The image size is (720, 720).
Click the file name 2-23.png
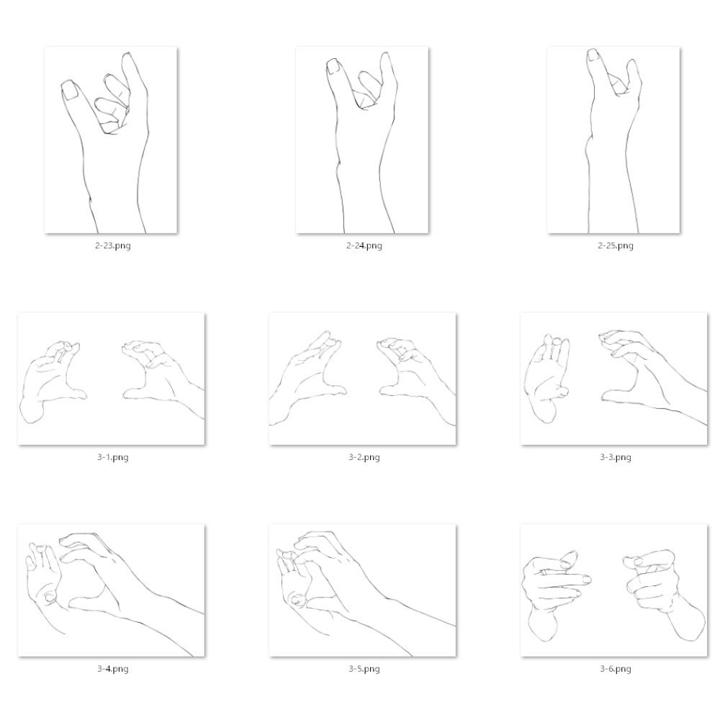(113, 246)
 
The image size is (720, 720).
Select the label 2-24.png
(364, 246)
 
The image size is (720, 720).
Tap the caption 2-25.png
(616, 246)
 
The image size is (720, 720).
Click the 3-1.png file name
(113, 457)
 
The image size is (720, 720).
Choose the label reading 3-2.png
(364, 457)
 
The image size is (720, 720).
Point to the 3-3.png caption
(616, 457)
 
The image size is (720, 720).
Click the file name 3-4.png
(113, 669)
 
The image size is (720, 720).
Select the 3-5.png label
(364, 669)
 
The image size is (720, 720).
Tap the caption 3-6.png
(616, 669)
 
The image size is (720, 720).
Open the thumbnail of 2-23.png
(111, 140)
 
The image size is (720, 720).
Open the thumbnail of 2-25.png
(613, 140)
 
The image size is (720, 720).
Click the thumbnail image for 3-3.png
(614, 379)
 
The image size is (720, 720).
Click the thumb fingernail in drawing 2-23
(71, 90)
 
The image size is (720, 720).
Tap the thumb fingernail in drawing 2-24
(333, 66)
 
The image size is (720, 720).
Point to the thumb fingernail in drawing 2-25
(593, 55)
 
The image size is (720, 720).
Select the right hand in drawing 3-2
(413, 377)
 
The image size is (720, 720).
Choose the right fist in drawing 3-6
(661, 593)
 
